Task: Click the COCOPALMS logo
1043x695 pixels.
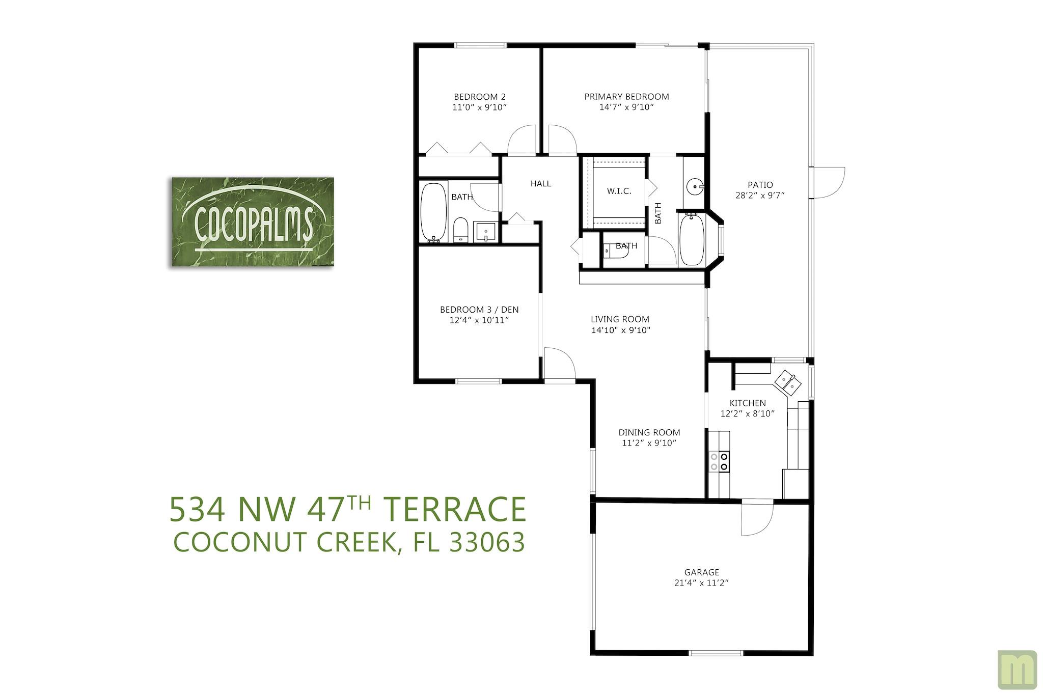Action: click(253, 222)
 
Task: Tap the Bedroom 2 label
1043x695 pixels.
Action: click(479, 97)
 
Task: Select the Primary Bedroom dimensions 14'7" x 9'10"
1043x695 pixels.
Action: click(626, 107)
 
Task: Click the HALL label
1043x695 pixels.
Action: click(540, 184)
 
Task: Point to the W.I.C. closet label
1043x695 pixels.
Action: click(619, 191)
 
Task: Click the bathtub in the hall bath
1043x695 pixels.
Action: click(433, 212)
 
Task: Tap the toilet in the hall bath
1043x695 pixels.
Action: click(460, 230)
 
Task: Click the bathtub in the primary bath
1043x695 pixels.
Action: click(691, 239)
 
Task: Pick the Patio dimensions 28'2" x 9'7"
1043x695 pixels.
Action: click(760, 196)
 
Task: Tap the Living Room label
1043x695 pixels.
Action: click(620, 319)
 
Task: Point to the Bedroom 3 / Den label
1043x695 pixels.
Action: click(479, 310)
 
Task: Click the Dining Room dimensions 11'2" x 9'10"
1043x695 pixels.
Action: click(649, 443)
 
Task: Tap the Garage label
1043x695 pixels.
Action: click(701, 572)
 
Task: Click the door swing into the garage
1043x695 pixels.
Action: click(757, 518)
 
